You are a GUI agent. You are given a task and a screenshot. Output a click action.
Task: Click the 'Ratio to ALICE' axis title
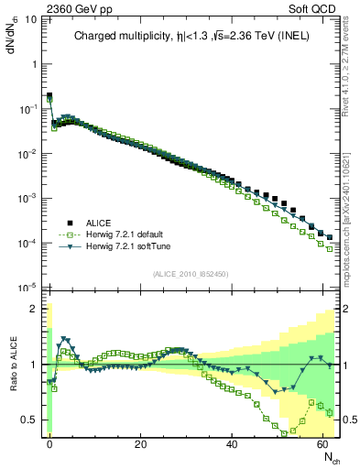pos(13,364)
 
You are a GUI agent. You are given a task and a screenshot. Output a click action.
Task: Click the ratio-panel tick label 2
pos(35,309)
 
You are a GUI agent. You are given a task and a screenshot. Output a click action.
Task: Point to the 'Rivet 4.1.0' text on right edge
pos(352,64)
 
